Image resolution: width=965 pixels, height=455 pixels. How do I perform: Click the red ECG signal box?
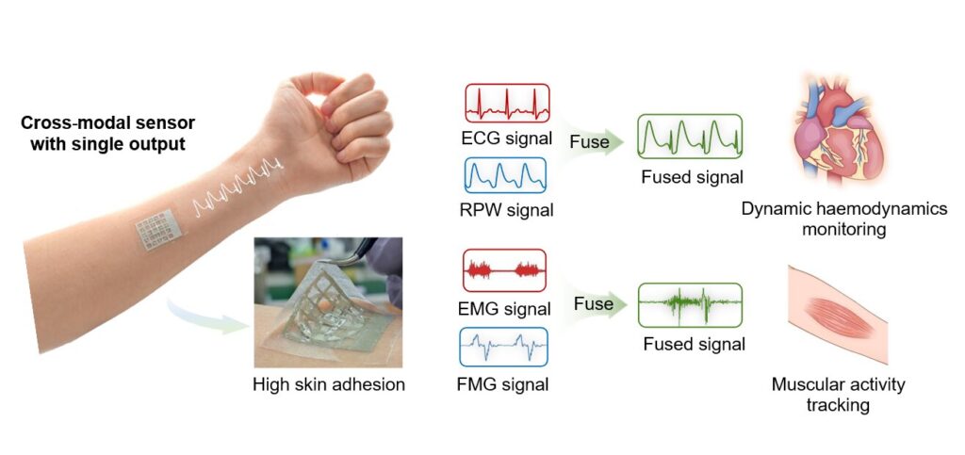[x=507, y=104]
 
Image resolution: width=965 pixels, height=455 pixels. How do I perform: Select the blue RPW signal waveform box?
[x=504, y=175]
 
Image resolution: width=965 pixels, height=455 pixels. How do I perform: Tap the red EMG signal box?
[x=504, y=270]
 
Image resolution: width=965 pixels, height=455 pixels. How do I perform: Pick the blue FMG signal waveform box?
[x=503, y=347]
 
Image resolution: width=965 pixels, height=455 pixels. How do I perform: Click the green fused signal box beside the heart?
[x=690, y=137]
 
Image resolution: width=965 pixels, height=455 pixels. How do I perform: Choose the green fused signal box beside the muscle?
[x=690, y=305]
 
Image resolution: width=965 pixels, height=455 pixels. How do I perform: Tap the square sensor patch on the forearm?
[x=158, y=229]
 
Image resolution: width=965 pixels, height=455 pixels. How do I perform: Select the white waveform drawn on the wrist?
[x=237, y=186]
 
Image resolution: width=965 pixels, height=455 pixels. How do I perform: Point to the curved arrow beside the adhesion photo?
[x=206, y=316]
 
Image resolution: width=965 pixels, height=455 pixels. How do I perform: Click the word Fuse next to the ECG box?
[x=589, y=142]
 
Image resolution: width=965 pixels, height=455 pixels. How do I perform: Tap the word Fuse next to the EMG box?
[x=594, y=303]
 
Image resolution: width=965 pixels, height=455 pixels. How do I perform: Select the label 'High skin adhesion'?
[x=329, y=385]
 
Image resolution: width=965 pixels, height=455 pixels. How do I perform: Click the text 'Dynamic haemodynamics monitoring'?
[x=843, y=219]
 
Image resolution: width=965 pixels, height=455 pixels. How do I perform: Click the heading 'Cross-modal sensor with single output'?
[x=107, y=134]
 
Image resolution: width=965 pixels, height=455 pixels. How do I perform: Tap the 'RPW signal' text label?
[x=506, y=210]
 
